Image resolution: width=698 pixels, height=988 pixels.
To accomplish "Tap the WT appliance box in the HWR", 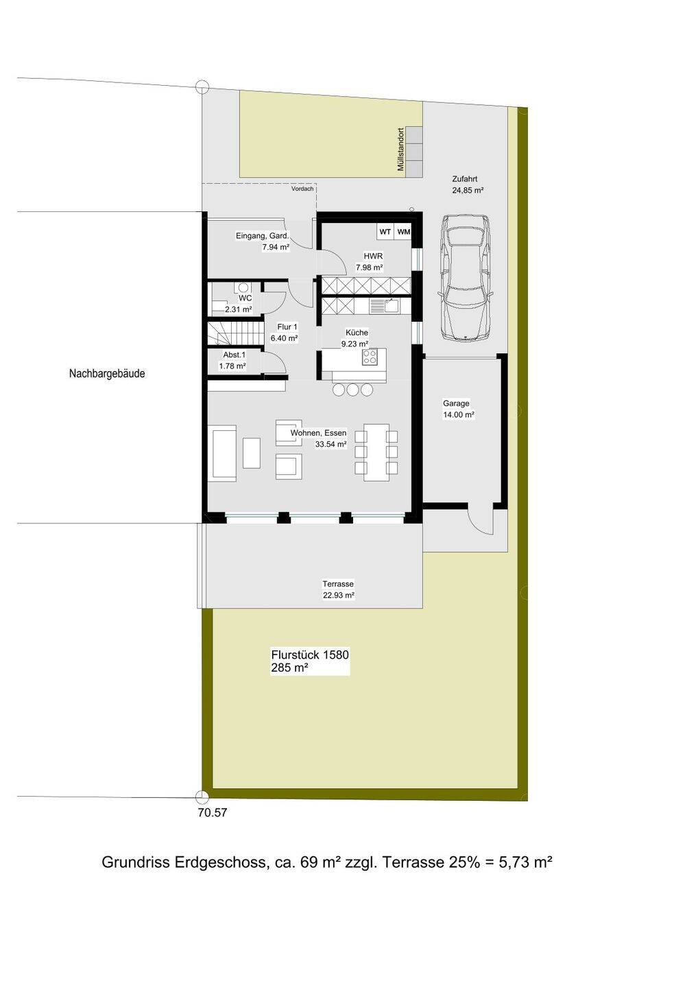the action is click(385, 232).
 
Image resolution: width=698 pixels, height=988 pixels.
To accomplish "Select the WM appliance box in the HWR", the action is click(402, 232).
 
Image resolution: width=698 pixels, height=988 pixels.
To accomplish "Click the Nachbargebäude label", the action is click(107, 373).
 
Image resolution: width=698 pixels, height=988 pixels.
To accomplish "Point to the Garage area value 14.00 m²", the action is click(459, 414).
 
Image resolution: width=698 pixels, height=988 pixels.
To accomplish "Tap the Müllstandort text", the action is click(400, 150).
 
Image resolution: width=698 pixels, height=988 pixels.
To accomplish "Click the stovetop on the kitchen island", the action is click(370, 357).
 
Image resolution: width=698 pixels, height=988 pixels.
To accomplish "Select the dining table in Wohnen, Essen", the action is click(376, 452).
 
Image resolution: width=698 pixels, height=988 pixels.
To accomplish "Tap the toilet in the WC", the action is click(242, 288).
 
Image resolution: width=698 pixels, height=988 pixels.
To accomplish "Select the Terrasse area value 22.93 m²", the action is click(339, 596).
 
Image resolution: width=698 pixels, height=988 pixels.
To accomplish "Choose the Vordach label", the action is click(302, 189).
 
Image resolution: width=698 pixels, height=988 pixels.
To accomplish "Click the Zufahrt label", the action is click(464, 179).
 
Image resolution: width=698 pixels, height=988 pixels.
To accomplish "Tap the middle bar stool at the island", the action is click(353, 390).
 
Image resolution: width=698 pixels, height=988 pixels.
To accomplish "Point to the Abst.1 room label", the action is click(234, 355).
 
